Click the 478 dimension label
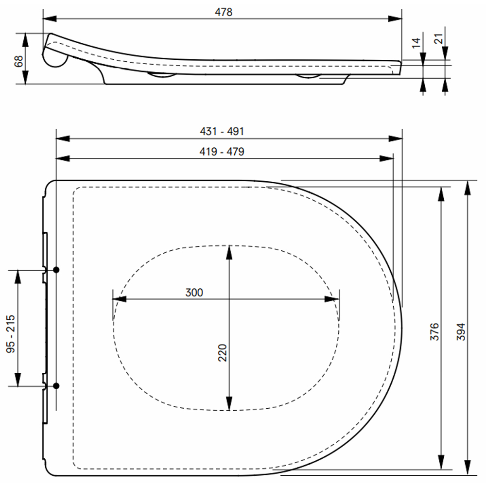tap(224, 12)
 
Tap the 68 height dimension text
tap(18, 61)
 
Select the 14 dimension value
tap(416, 43)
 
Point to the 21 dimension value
tap(438, 38)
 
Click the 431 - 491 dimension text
tap(222, 131)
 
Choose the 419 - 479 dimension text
tap(222, 152)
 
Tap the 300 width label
tap(194, 293)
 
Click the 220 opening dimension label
tap(222, 353)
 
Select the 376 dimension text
tap(434, 331)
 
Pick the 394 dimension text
tap(461, 331)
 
